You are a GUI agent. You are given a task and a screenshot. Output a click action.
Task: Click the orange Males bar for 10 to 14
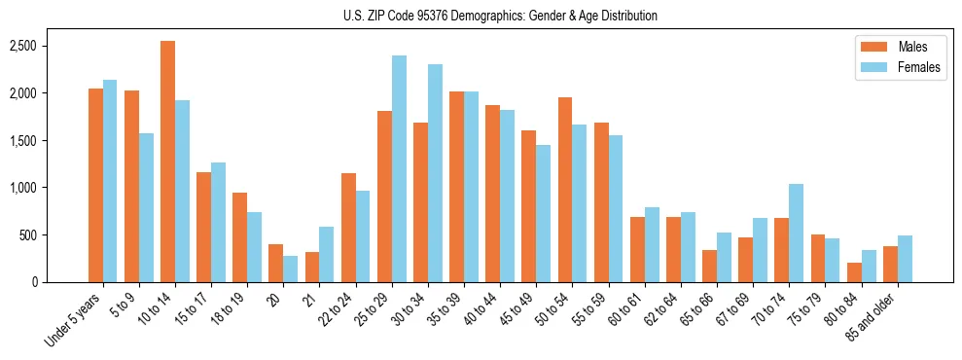tap(167, 162)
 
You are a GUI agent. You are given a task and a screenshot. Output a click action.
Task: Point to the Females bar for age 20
tap(291, 270)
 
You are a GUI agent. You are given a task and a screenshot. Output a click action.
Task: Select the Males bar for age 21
tap(312, 268)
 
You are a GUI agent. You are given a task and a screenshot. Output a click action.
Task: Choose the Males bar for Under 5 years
tap(95, 186)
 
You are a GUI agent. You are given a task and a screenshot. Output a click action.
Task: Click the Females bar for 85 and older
tap(905, 259)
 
